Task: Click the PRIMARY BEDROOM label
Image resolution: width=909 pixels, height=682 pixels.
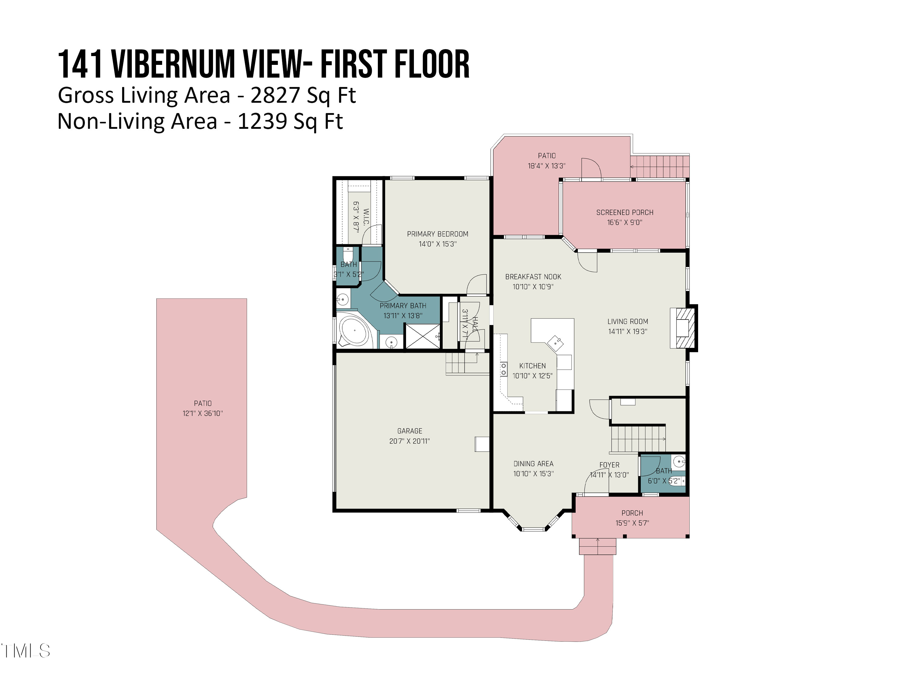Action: click(437, 234)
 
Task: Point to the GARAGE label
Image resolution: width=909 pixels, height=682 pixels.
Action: click(409, 431)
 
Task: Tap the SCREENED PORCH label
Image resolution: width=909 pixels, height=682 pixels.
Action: click(624, 212)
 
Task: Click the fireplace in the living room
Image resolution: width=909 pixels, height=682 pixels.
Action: click(683, 328)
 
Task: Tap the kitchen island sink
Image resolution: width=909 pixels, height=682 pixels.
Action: click(555, 341)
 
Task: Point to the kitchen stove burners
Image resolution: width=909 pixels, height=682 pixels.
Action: click(503, 369)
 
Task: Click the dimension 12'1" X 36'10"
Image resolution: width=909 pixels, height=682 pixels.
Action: click(203, 413)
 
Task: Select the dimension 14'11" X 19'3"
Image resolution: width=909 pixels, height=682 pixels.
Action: click(628, 332)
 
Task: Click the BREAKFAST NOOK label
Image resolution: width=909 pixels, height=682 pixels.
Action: click(533, 277)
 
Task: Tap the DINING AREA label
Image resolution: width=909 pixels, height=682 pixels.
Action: click(533, 464)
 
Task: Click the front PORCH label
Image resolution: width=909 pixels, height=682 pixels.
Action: click(632, 513)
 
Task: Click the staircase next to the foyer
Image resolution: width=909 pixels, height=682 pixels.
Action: click(637, 439)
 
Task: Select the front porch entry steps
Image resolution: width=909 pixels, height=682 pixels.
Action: click(598, 546)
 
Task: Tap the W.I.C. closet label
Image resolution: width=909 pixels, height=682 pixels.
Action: click(366, 217)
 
